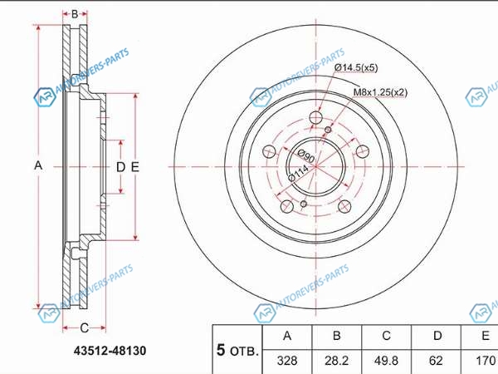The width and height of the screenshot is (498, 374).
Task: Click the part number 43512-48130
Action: [x=110, y=351]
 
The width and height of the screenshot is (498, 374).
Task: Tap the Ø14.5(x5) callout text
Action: [x=356, y=67]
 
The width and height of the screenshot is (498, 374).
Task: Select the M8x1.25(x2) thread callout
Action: [x=380, y=92]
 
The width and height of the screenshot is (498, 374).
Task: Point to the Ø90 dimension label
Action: [x=306, y=156]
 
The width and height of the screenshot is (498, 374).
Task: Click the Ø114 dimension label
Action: [x=298, y=173]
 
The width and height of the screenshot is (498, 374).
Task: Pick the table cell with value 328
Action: [x=287, y=361]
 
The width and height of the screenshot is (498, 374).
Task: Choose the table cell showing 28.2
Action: [x=337, y=361]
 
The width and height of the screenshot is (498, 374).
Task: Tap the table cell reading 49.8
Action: [x=386, y=361]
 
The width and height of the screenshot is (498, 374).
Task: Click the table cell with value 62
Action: [x=436, y=361]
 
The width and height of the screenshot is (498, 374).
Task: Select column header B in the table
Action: [x=337, y=336]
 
